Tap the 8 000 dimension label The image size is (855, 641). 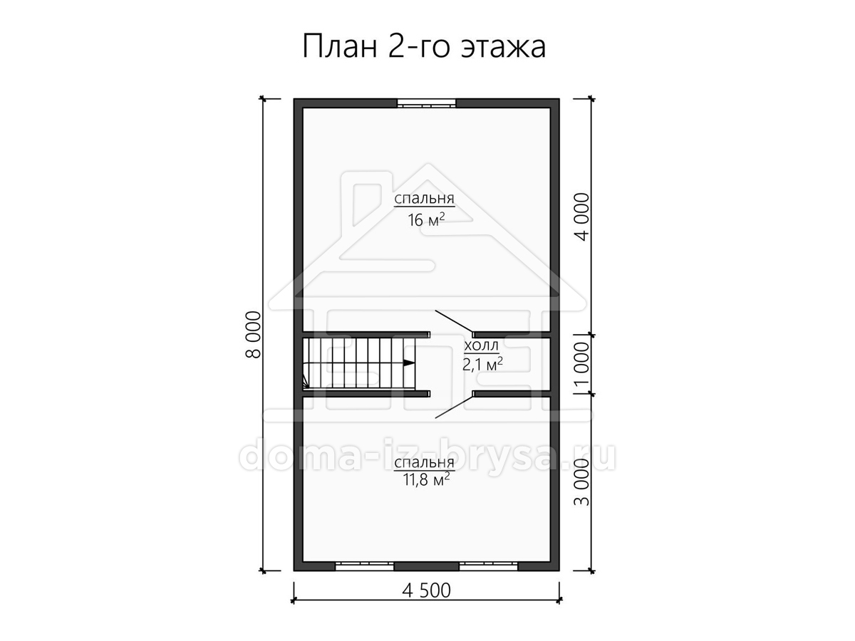coord(253,335)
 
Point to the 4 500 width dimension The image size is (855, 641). coord(427,590)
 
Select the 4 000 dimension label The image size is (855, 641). coord(582,217)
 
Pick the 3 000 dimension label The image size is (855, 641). coord(582,482)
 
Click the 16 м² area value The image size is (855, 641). coord(426,220)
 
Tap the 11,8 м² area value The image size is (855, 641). coord(426,480)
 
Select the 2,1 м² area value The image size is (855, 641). coord(482,364)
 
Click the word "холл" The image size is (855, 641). coord(482,345)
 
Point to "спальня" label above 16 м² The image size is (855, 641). coord(424,199)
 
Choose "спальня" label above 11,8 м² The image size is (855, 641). coord(424,463)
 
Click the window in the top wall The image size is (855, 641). coord(427,103)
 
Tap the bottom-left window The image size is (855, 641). coord(365,566)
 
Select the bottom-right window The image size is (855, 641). coord(489,566)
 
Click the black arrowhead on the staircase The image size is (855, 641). coord(408,363)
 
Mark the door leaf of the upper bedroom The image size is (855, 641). coord(454,322)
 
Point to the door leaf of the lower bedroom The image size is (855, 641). coord(454,406)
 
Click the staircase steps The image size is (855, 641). coord(359,363)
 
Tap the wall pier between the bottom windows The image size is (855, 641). coord(427,566)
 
